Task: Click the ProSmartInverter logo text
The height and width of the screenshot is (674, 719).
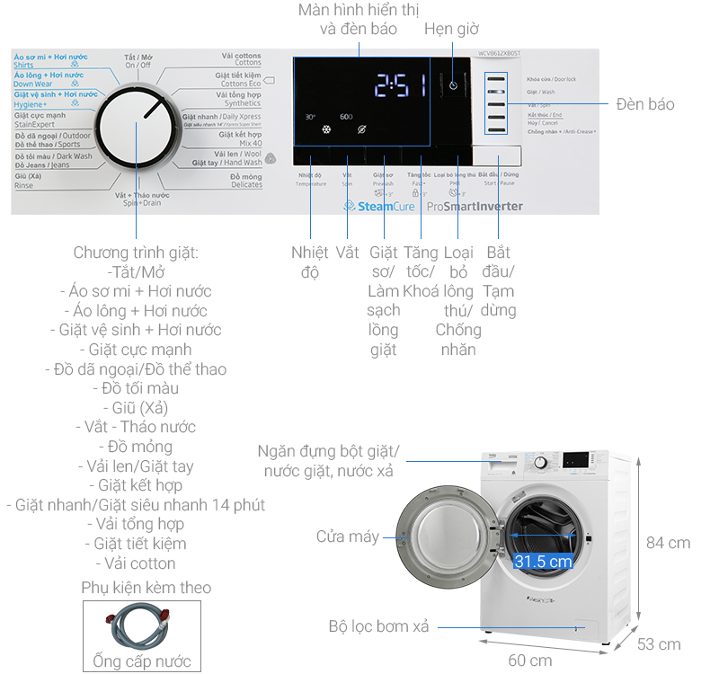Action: click(475, 206)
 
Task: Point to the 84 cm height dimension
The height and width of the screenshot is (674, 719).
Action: click(668, 542)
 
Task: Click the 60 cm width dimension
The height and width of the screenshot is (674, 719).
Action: click(530, 661)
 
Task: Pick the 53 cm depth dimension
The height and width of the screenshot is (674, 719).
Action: click(659, 643)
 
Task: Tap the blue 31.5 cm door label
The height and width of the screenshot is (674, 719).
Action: click(543, 562)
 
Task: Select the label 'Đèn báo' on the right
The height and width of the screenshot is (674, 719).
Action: click(644, 104)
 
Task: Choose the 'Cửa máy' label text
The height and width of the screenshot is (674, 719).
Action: click(347, 537)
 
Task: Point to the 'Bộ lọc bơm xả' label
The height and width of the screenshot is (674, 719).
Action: click(378, 626)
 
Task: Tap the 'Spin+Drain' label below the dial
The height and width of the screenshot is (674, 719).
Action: click(142, 203)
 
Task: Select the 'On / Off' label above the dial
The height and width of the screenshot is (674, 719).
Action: click(138, 66)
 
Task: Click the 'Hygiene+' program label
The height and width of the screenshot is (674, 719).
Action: click(31, 104)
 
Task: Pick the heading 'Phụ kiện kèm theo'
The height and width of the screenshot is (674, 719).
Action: click(145, 588)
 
